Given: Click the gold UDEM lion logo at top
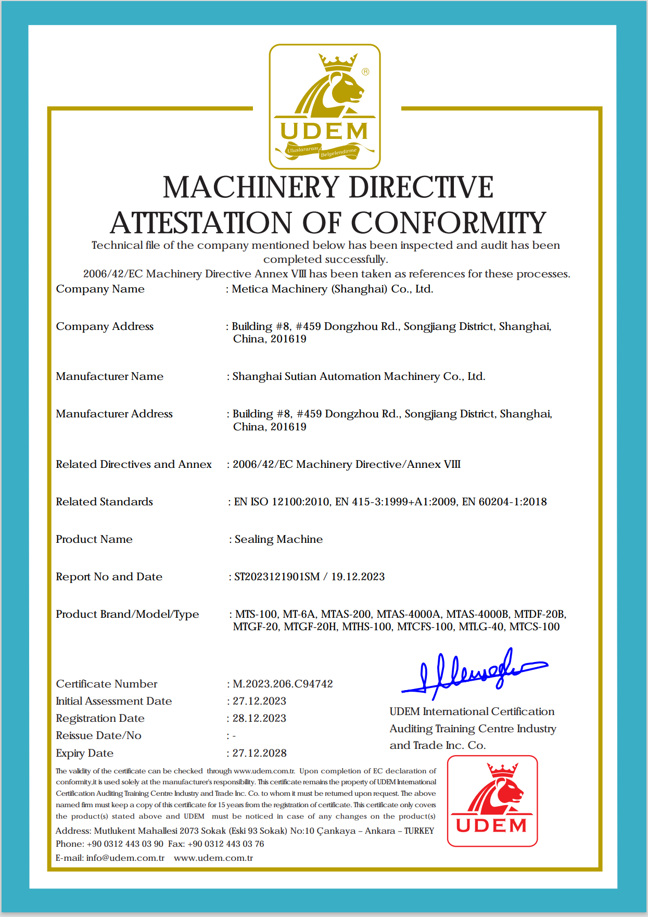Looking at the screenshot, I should point(325,106).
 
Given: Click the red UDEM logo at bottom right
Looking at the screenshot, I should point(492,800).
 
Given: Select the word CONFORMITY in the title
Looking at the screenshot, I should point(449,223).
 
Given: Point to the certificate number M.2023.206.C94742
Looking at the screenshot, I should point(283,684).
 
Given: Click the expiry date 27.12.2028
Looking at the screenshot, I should point(259,753).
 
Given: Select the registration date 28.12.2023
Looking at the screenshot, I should point(259,718).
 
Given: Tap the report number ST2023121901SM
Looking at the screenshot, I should point(277,577).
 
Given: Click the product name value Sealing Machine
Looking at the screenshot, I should point(278,539).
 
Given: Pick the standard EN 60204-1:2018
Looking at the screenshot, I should point(504,502).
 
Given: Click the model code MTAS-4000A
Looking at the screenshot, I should point(409,614).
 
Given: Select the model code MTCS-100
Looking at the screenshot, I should point(535,627).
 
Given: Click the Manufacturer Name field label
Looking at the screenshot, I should point(109,376).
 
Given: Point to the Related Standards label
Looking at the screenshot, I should point(104,502).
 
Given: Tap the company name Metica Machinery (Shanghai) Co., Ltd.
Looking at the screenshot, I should point(332,289).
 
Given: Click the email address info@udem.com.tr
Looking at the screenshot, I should point(125,858).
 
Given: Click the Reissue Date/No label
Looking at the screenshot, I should point(98,735).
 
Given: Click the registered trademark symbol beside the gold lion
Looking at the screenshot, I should point(365,72).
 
